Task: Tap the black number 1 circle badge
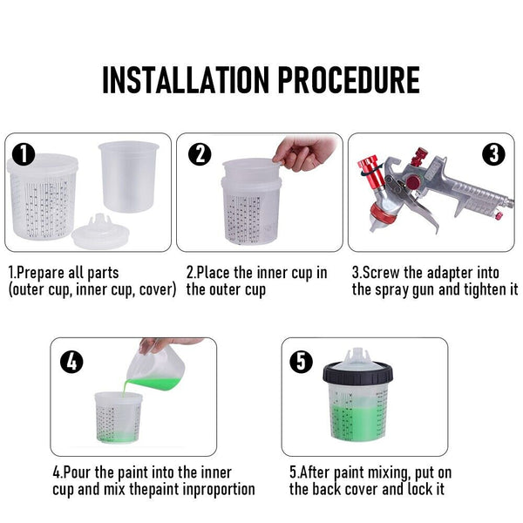24,155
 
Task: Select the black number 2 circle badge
200,154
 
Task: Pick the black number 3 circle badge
494,154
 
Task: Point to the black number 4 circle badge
72,361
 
